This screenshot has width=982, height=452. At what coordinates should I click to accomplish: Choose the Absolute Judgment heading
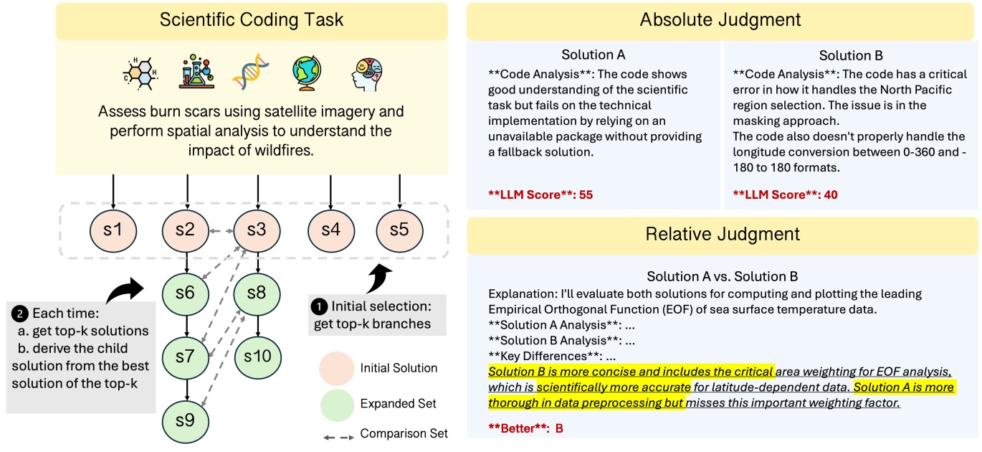point(723,19)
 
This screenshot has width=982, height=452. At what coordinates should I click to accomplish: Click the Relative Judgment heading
point(723,235)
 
